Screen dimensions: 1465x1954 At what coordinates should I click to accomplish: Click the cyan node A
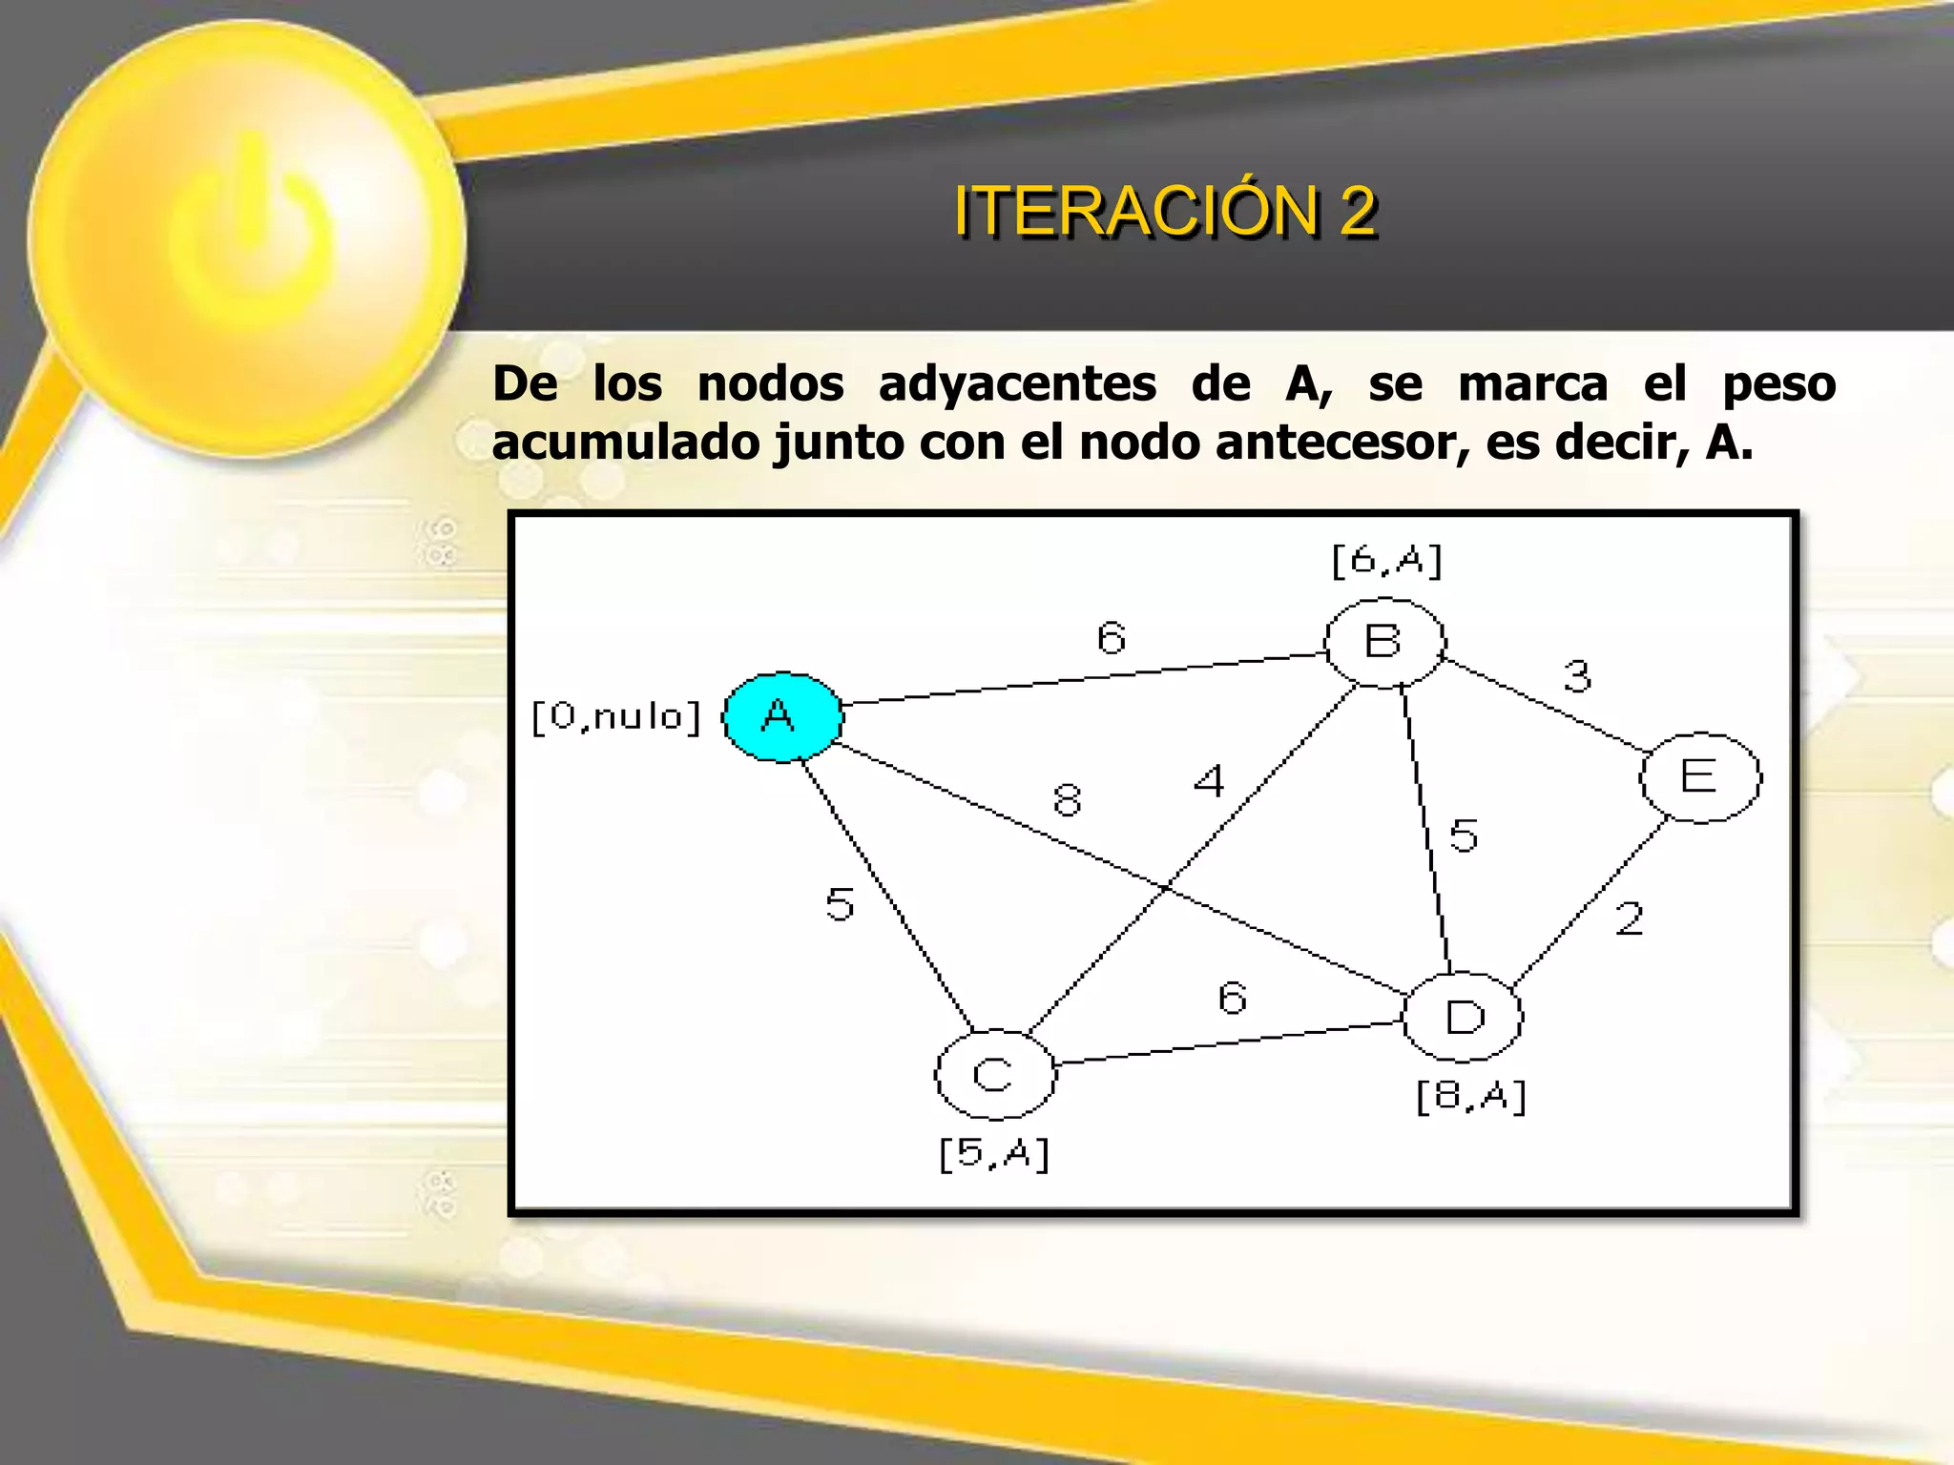[782, 717]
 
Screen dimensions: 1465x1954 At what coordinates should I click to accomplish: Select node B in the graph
[1384, 643]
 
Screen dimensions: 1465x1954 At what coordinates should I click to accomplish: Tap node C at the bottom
[994, 1075]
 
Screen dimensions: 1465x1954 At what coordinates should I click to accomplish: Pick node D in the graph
[1464, 1017]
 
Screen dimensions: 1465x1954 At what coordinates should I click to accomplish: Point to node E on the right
[1699, 777]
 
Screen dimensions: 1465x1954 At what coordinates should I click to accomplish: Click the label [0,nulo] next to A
[616, 716]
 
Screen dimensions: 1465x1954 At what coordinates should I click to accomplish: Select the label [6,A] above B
[1386, 561]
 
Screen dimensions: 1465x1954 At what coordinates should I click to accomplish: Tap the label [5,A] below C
[994, 1154]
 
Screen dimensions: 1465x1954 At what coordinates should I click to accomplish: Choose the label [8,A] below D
[1471, 1097]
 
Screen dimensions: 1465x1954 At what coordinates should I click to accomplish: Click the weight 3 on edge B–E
[1577, 676]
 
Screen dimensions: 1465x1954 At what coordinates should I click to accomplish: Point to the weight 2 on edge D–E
[1630, 919]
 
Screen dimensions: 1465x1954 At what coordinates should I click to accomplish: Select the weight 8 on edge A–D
[1068, 799]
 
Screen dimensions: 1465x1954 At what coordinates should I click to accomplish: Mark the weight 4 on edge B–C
[1209, 782]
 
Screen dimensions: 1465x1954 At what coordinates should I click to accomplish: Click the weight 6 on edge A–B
[1112, 638]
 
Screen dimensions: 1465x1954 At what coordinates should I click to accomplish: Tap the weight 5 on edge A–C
[840, 904]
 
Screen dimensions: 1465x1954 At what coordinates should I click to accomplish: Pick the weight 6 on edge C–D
[1233, 999]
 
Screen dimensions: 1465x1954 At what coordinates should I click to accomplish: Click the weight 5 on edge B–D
[1464, 836]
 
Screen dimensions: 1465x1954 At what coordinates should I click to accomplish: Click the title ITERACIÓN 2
[1165, 211]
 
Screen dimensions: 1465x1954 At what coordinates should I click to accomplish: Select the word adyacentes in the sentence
[1017, 384]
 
